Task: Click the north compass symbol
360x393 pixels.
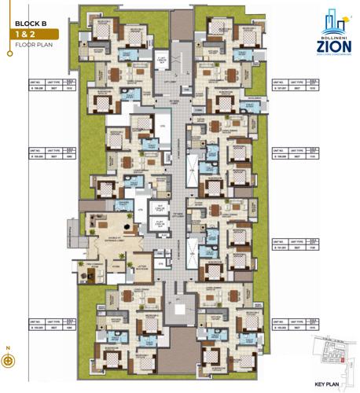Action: point(8,361)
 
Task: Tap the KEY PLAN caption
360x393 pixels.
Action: point(325,384)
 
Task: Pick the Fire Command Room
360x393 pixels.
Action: point(100,268)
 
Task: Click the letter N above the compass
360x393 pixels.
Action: point(8,346)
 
